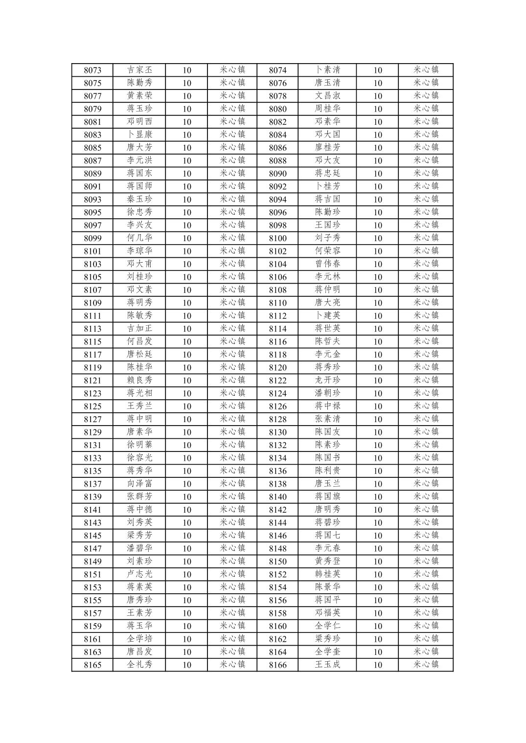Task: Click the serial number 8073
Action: [x=92, y=70]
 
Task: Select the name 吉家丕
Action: [x=139, y=70]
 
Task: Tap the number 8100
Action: [x=277, y=238]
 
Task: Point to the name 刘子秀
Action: [x=327, y=238]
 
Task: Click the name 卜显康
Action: [x=139, y=135]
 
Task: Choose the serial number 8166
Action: [x=277, y=665]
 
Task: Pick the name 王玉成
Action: [x=327, y=665]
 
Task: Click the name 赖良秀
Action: [x=139, y=380]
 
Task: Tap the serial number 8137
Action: [x=92, y=484]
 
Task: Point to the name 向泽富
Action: [x=139, y=484]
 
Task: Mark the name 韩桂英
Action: [x=327, y=574]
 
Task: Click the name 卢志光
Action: [x=139, y=574]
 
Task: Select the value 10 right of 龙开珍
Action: [x=378, y=381]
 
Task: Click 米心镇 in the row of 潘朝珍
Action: [x=426, y=393]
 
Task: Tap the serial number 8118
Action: [x=277, y=355]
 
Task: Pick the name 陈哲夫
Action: [x=327, y=341]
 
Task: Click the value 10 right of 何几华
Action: [x=187, y=238]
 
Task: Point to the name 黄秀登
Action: [x=327, y=561]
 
